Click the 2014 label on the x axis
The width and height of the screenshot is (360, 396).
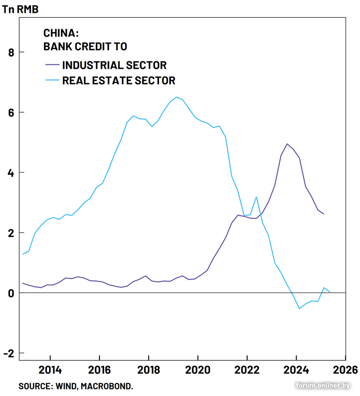[50, 370]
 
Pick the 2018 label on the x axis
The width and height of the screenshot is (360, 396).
[149, 370]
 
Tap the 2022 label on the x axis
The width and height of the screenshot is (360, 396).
[247, 370]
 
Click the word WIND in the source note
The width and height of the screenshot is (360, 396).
[64, 386]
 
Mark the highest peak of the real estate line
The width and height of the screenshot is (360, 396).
[176, 97]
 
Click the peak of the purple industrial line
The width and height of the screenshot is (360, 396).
[287, 144]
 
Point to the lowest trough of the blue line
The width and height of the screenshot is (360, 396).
[300, 308]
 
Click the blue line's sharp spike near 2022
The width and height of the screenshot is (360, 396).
[257, 197]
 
